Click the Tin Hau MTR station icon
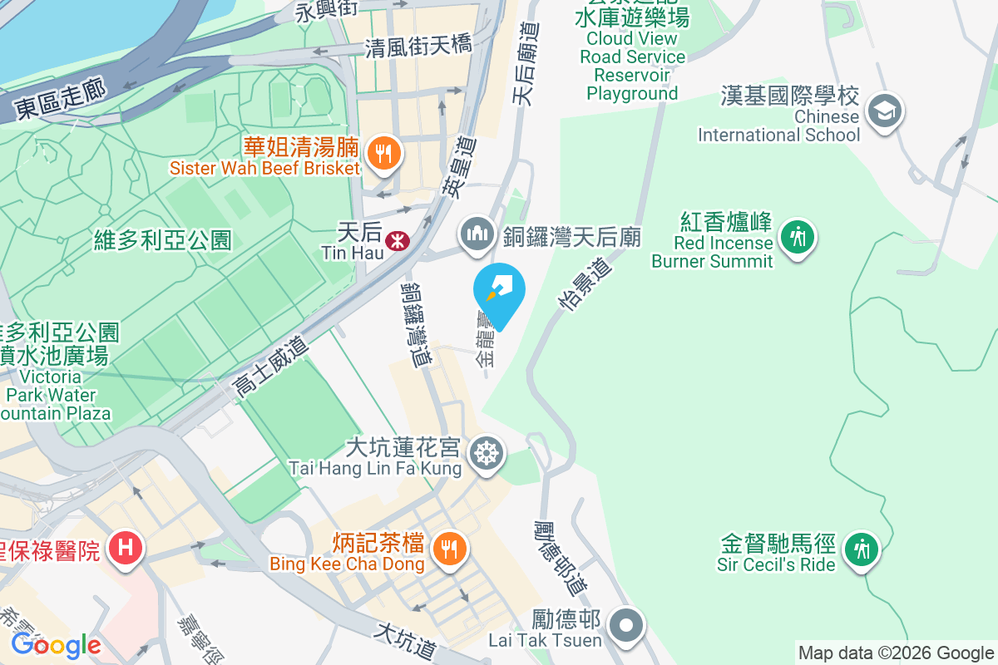(397, 241)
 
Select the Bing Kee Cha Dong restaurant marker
(450, 549)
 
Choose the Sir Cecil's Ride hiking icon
(861, 549)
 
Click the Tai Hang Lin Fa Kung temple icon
(486, 454)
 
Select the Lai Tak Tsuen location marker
(626, 625)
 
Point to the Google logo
(56, 644)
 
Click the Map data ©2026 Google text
(896, 653)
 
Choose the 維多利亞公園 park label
(162, 241)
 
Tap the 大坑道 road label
(406, 640)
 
